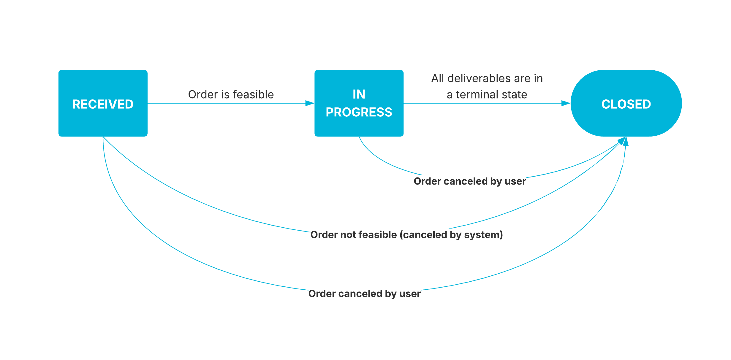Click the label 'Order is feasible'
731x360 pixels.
pyautogui.click(x=231, y=94)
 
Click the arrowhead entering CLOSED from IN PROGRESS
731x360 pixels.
pyautogui.click(x=566, y=103)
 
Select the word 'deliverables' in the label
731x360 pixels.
pyautogui.click(x=479, y=79)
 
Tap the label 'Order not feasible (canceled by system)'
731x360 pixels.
pyautogui.click(x=406, y=235)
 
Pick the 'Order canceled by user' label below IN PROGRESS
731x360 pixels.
pyautogui.click(x=469, y=181)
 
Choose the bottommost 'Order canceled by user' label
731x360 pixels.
pyautogui.click(x=364, y=294)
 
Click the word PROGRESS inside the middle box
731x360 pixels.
pyautogui.click(x=359, y=112)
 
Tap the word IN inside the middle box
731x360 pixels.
pyautogui.click(x=359, y=94)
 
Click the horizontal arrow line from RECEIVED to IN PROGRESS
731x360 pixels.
pyautogui.click(x=226, y=103)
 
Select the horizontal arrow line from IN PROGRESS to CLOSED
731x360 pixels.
pyautogui.click(x=481, y=103)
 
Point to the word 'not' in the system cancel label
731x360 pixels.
pyautogui.click(x=346, y=235)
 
